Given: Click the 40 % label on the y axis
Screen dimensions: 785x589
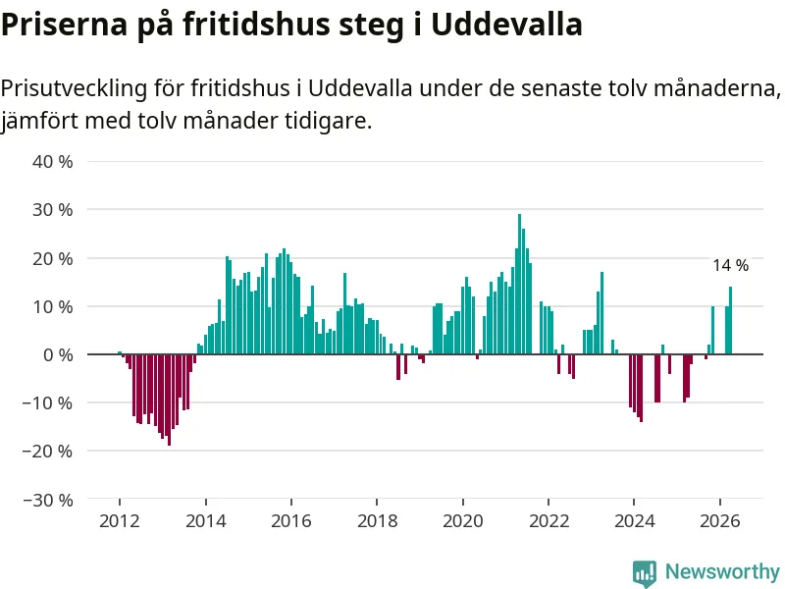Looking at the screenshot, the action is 53,162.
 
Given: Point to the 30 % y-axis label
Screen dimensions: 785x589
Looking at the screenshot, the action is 53,210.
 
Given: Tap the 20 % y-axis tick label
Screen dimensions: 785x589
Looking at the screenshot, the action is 53,258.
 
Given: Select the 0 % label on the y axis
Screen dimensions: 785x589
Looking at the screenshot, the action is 58,355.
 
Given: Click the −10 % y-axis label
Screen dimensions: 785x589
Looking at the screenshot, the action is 47,403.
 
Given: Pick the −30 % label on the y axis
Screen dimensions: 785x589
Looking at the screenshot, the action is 47,500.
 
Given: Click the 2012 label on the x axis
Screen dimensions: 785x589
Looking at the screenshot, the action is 120,521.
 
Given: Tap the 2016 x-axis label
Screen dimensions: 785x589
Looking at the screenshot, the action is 291,521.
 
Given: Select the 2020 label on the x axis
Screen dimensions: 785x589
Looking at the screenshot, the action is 463,521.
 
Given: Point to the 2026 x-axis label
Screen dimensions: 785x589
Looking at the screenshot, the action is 720,521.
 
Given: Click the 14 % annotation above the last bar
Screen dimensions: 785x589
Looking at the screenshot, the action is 731,265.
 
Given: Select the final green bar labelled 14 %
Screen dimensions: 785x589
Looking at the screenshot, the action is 730,321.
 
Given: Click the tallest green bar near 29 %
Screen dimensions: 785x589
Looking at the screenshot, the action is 520,284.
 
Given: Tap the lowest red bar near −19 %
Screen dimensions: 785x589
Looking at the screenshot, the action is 169,400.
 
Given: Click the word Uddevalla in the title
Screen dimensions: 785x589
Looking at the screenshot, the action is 506,24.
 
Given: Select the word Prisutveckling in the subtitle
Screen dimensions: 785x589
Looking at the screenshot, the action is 75,88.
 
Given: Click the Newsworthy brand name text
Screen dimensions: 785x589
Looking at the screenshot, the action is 722,571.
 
